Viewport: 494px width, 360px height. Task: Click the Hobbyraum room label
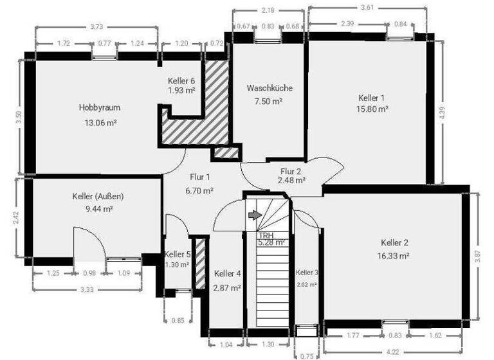tap(100, 108)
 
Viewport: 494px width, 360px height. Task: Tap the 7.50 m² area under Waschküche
tap(270, 101)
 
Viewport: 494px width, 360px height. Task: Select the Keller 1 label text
tap(372, 98)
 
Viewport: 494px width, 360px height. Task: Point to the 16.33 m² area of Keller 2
tap(394, 255)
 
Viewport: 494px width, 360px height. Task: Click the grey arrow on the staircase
tap(255, 215)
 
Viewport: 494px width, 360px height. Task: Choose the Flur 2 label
tap(291, 171)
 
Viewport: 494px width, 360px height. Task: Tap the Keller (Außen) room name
tap(98, 196)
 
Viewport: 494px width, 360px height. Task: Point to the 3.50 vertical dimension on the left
tap(19, 117)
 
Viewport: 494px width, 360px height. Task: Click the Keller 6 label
tap(181, 81)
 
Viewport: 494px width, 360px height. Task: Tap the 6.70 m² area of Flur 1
tap(199, 190)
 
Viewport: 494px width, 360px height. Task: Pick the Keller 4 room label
tap(227, 273)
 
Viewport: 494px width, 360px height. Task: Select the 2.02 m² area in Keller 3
tap(307, 283)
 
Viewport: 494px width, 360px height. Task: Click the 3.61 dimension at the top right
tap(368, 8)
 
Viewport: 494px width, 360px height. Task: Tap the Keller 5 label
tap(177, 255)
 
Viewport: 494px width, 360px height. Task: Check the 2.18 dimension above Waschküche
tap(267, 11)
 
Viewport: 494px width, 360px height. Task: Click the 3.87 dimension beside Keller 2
tap(477, 255)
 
